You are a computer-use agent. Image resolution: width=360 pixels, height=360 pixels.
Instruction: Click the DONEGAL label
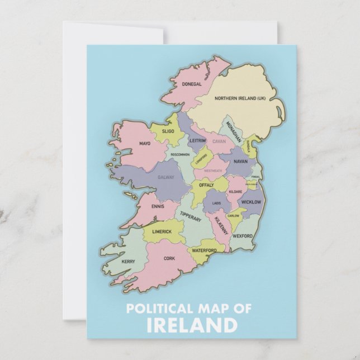pyautogui.click(x=192, y=84)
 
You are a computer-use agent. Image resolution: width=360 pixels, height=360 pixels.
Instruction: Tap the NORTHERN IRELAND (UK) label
pyautogui.click(x=241, y=98)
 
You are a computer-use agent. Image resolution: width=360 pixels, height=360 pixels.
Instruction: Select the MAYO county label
pyautogui.click(x=145, y=144)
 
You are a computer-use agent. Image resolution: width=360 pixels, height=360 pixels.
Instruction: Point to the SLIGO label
pyautogui.click(x=168, y=131)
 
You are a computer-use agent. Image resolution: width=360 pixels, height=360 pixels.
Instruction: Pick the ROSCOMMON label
pyautogui.click(x=180, y=154)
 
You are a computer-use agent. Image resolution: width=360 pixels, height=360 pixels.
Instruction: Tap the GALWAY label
pyautogui.click(x=166, y=177)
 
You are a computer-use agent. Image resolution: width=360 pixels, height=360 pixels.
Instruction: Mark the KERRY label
pyautogui.click(x=128, y=261)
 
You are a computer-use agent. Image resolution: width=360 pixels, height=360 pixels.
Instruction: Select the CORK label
pyautogui.click(x=169, y=258)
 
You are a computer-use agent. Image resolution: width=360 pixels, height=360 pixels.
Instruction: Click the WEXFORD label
pyautogui.click(x=243, y=236)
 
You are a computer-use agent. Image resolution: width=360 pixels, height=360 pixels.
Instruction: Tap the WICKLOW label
pyautogui.click(x=251, y=202)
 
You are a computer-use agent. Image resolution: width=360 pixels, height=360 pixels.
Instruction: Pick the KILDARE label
pyautogui.click(x=235, y=192)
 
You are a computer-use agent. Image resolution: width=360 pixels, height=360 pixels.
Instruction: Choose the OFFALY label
pyautogui.click(x=206, y=184)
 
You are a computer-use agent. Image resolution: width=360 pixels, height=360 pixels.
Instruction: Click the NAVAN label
pyautogui.click(x=240, y=161)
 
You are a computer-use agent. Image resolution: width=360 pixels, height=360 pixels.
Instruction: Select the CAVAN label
pyautogui.click(x=219, y=142)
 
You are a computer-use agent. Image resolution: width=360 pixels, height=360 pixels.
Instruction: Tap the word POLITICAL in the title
pyautogui.click(x=156, y=308)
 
